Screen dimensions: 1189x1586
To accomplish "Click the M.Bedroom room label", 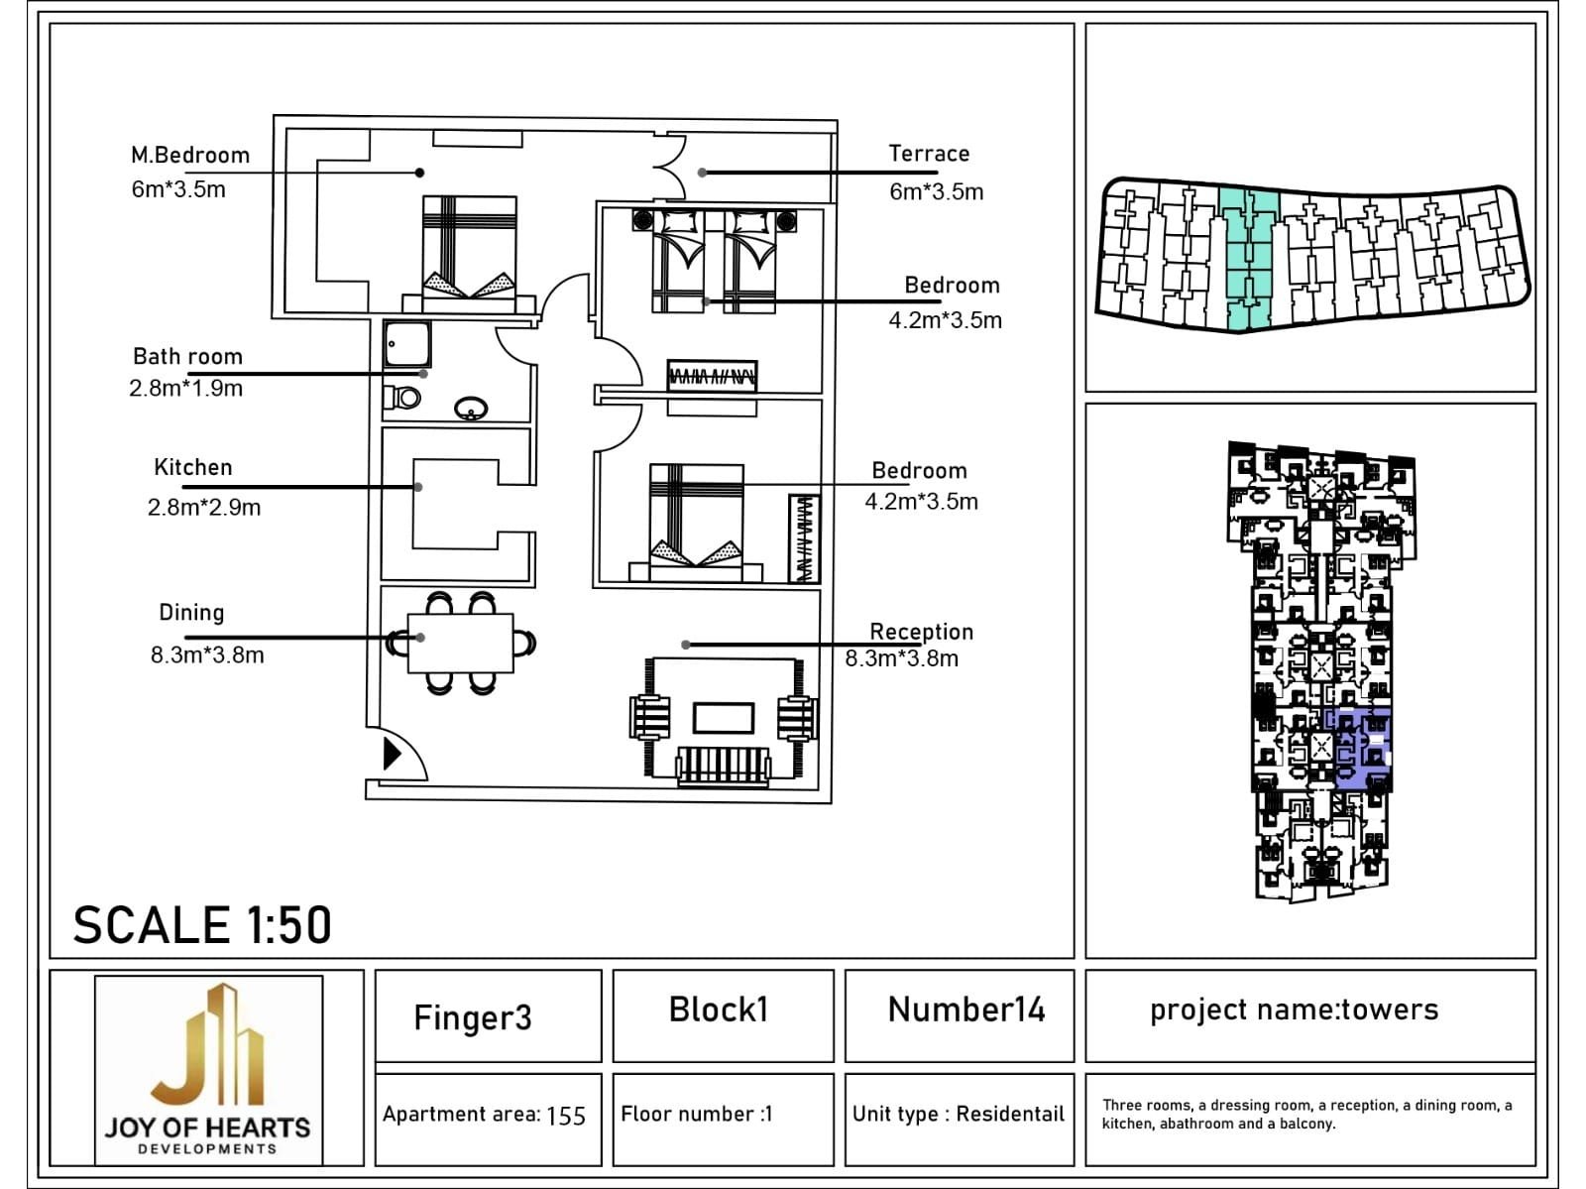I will (x=190, y=156).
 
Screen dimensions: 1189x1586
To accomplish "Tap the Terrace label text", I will (x=929, y=154).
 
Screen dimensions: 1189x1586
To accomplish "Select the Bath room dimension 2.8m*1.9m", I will (x=185, y=389).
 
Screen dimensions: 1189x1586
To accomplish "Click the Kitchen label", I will (x=193, y=467).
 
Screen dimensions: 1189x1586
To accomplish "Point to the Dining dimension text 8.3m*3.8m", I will (x=207, y=655).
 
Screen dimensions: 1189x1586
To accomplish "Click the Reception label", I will (x=921, y=632).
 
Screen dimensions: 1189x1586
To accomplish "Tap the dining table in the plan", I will (x=461, y=644).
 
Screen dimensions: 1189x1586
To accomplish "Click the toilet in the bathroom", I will (x=403, y=399).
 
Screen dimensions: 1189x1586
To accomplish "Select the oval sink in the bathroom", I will (x=471, y=408).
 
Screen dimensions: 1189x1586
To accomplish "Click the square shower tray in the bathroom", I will (x=407, y=344).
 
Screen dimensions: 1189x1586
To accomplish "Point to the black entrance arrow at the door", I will (x=392, y=754).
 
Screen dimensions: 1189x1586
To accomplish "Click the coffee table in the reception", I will (x=723, y=717).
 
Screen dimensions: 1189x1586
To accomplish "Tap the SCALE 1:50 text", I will (x=202, y=925).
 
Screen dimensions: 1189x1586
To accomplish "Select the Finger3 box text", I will (x=473, y=1017).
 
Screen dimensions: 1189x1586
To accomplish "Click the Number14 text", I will (x=966, y=1010).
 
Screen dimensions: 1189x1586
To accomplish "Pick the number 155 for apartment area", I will (x=566, y=1116).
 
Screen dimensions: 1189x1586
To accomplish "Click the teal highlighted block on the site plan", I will (x=1247, y=258).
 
